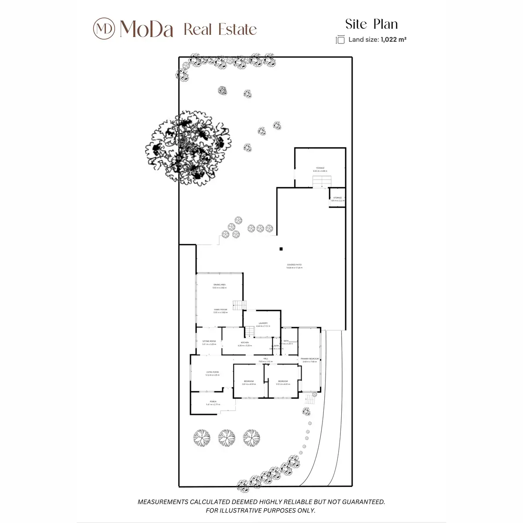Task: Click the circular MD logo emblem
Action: coord(104,28)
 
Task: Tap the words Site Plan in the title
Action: coord(371,24)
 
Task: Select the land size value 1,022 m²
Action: coord(393,40)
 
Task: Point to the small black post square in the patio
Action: coord(281,249)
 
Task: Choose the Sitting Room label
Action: coord(209,342)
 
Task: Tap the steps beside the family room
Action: coord(239,305)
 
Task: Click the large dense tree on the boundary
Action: coord(188,147)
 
